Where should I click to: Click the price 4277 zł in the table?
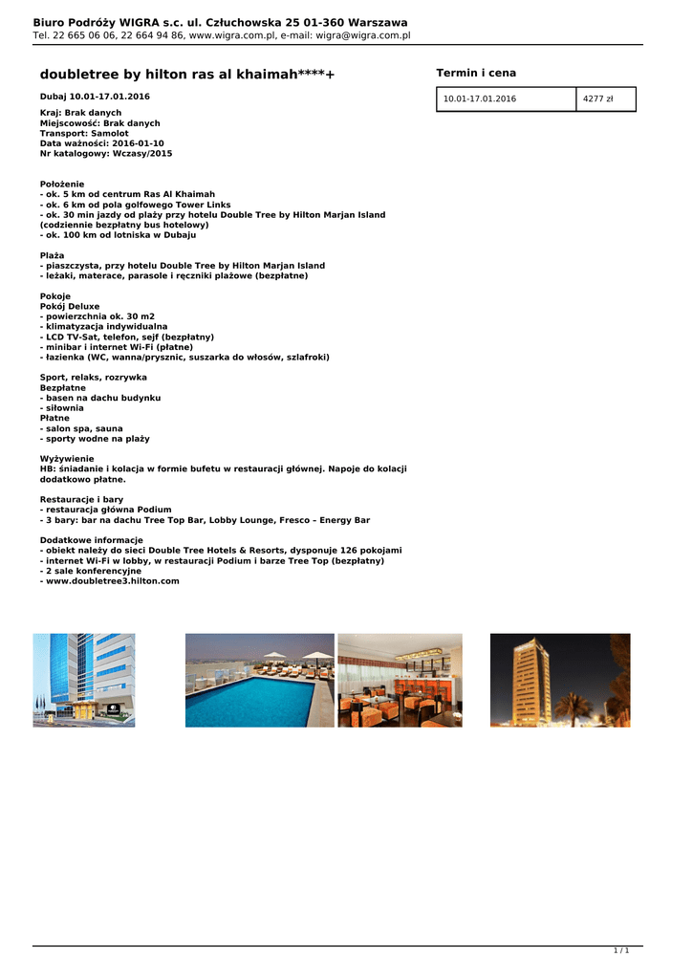click(x=598, y=99)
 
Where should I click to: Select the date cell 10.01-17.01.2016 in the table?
click(x=480, y=99)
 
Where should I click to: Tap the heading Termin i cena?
click(x=476, y=74)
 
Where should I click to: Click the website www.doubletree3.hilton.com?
click(x=112, y=581)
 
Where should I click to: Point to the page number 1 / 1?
click(x=621, y=950)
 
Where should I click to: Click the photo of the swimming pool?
click(x=259, y=680)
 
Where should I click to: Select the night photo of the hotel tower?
click(x=560, y=680)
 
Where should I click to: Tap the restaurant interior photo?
click(x=400, y=680)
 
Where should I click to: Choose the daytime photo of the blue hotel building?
click(x=84, y=680)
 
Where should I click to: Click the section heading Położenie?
click(x=62, y=184)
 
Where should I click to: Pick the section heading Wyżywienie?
click(x=67, y=459)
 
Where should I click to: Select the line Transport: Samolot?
click(x=84, y=133)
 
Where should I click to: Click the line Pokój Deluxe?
click(x=70, y=306)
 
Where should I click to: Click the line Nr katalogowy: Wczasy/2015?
click(x=106, y=153)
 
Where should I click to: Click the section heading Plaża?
click(x=52, y=255)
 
